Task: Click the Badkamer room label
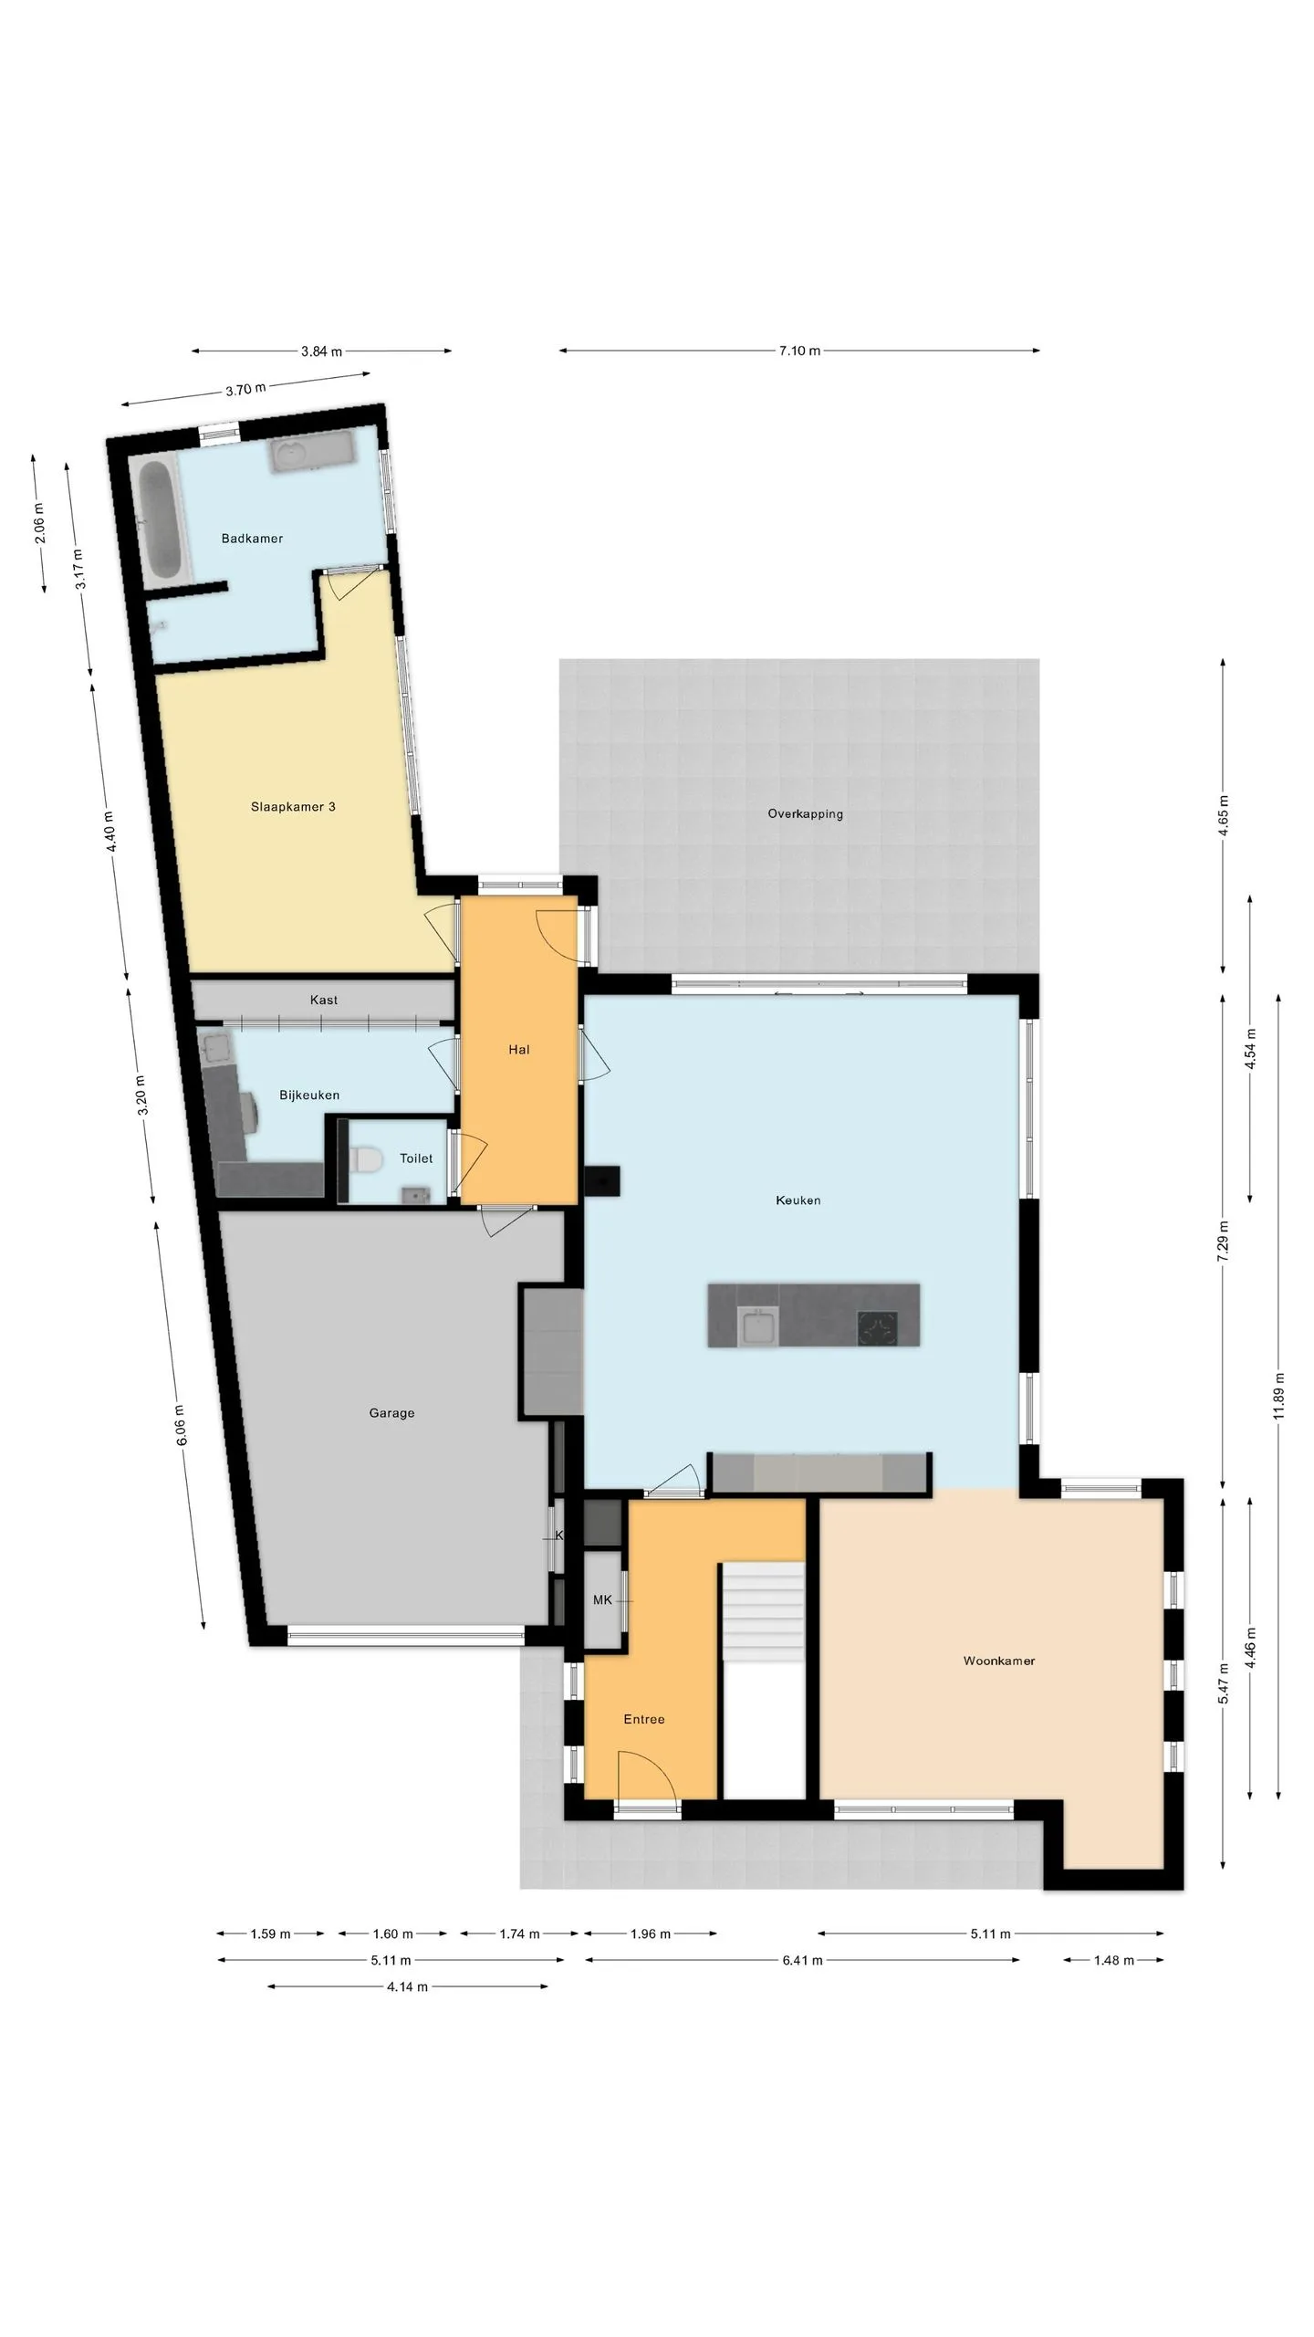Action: [x=252, y=539]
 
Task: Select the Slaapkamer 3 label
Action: [x=293, y=807]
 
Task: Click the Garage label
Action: [x=391, y=1413]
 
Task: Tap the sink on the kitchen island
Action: [x=757, y=1326]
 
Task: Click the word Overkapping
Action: [x=805, y=814]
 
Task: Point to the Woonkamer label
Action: [x=999, y=1661]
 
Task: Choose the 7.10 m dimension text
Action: [x=799, y=351]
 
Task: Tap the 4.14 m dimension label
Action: [x=407, y=1986]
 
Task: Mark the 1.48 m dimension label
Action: [x=1113, y=1960]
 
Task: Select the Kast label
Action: [x=324, y=1001]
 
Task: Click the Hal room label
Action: [x=519, y=1050]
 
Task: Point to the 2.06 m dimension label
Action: [x=39, y=524]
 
